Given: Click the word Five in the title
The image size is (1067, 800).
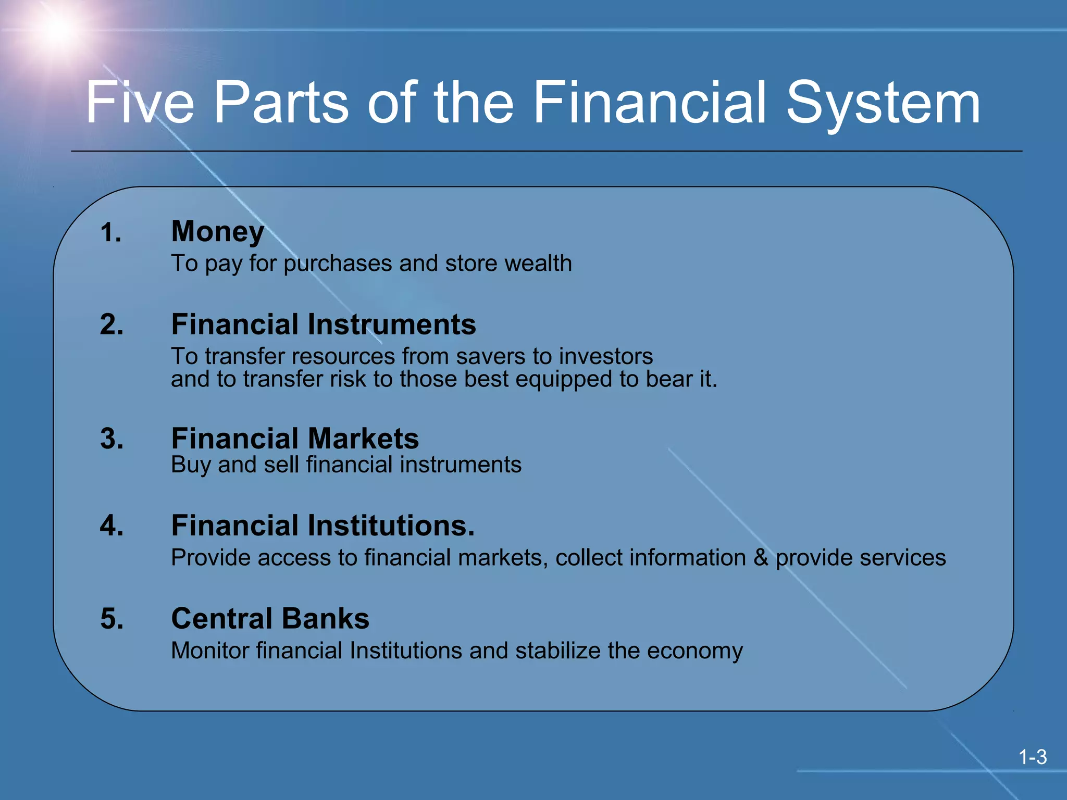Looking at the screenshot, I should point(140,103).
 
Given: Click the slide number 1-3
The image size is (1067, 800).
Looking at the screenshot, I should point(1032,757).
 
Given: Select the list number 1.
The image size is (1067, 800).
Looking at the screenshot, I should point(110,232).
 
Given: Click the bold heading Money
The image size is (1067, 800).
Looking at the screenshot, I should point(218,232).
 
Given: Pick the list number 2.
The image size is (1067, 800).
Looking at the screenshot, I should point(112,324).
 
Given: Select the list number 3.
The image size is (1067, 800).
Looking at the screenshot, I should point(112,439).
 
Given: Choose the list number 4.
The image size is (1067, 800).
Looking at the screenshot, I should point(112,525).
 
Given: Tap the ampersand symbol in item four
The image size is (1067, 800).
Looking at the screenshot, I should point(761,558).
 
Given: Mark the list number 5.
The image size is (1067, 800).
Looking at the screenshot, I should point(112,619).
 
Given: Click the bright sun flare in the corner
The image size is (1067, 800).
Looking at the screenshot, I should point(56,29).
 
